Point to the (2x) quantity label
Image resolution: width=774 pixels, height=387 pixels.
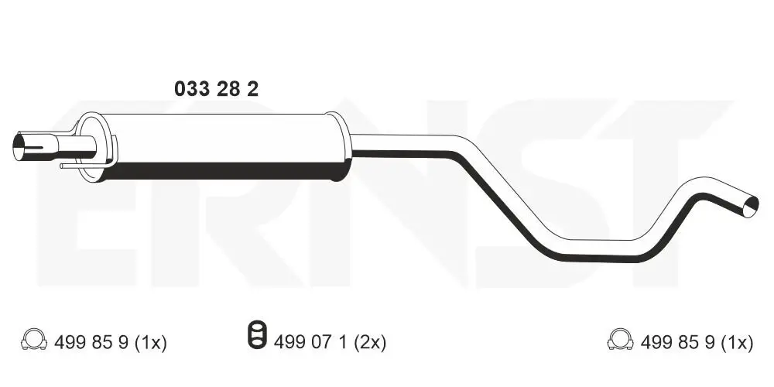click(369, 341)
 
